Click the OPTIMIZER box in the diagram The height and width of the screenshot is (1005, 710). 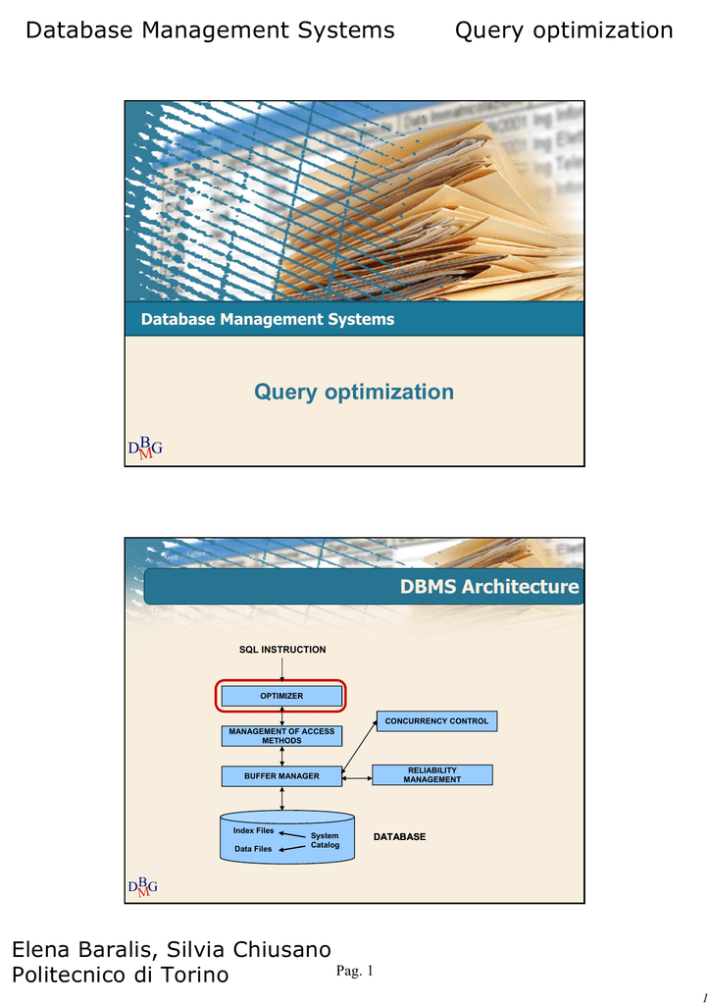coord(281,696)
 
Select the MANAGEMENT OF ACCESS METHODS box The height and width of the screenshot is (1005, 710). coord(281,736)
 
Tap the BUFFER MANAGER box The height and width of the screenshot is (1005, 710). coord(281,776)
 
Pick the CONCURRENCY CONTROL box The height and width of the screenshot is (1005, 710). coord(436,721)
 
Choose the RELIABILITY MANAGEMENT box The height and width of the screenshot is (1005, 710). coord(432,775)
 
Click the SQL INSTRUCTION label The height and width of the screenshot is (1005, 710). coord(282,650)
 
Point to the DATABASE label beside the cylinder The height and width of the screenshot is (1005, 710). coord(399,836)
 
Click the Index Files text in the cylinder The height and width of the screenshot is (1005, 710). coord(254,830)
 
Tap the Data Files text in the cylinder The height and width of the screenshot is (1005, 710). coord(253,849)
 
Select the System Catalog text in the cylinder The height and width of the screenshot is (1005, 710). coord(325,840)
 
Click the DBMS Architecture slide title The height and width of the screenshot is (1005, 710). coord(489,587)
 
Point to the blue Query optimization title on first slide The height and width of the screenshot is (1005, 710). coord(354,393)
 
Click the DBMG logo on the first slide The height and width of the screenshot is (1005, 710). coord(145,447)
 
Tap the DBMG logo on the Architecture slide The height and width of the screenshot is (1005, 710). coord(143,886)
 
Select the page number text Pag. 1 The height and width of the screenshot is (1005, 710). coord(355,971)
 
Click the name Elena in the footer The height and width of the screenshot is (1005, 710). coord(40,949)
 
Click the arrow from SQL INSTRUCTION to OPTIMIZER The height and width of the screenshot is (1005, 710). coord(281,670)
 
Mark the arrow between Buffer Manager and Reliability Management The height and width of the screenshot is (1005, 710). coord(357,778)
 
